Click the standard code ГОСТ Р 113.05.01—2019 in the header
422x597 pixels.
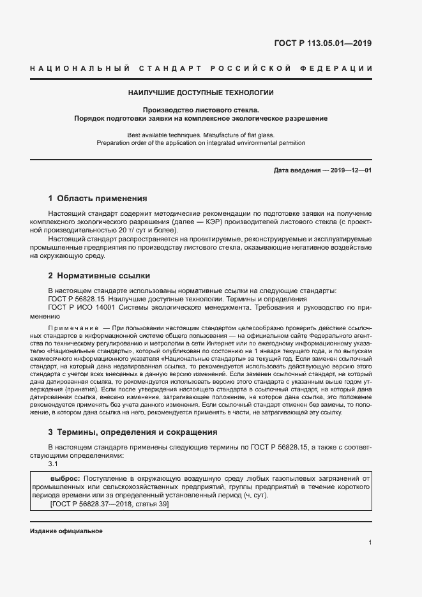(322, 44)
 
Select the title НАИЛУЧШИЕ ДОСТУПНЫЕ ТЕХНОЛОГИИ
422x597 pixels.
(200, 93)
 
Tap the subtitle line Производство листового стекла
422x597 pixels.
(200, 110)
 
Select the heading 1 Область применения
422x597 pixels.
(98, 198)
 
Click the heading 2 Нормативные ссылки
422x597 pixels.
(99, 276)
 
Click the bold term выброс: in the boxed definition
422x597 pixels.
(64, 478)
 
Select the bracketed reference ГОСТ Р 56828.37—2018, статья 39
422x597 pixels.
(109, 504)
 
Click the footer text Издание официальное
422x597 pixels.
(66, 531)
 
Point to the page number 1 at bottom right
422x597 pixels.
(370, 543)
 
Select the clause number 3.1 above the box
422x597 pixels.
(54, 464)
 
